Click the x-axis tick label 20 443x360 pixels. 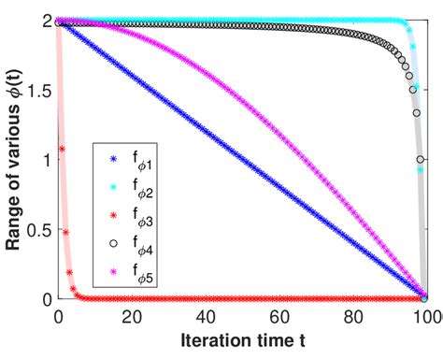(x=131, y=316)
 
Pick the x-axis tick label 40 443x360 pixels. (x=205, y=316)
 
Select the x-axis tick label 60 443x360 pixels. (x=279, y=316)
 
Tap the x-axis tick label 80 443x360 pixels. (x=352, y=316)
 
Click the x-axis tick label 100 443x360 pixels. (x=422, y=316)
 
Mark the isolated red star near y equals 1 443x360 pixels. (x=62, y=150)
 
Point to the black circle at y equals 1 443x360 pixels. (x=422, y=159)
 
